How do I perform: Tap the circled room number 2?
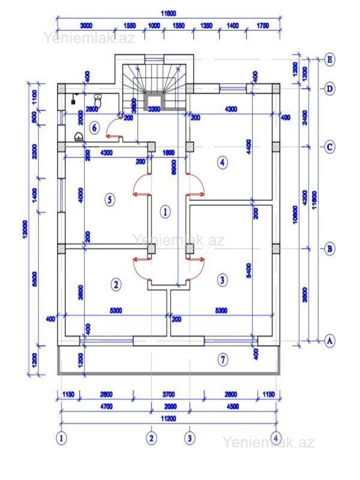[x=116, y=284]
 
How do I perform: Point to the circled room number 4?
[x=223, y=162]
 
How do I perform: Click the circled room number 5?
[x=110, y=199]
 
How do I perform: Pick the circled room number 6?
[x=95, y=127]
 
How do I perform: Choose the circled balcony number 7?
[x=223, y=360]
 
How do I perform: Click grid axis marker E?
[x=329, y=59]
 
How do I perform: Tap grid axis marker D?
[x=329, y=89]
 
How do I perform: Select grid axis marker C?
[x=329, y=146]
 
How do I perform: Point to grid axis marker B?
[x=329, y=248]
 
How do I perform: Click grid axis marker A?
[x=329, y=341]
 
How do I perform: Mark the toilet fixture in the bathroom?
[x=98, y=99]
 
